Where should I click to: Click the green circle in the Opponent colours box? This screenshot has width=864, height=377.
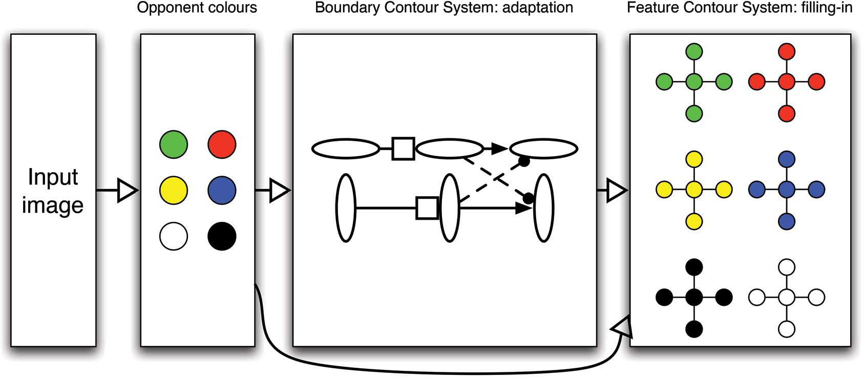174,144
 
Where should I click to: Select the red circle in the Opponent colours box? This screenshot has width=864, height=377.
222,144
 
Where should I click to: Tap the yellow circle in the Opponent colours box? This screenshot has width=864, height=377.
174,191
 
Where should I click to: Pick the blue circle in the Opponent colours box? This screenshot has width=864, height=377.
222,191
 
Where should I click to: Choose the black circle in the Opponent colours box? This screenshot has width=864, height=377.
222,236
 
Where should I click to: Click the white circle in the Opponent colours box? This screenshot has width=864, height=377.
174,236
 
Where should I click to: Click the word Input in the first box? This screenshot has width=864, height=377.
53,178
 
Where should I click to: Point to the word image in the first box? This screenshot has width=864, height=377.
53,205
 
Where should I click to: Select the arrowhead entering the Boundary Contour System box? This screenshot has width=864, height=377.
280,190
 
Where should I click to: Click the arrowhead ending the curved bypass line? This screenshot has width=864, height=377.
622,327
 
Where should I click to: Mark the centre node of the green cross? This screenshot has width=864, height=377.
694,82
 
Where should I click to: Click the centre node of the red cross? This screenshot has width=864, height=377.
787,82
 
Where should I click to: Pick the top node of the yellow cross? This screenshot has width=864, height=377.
694,159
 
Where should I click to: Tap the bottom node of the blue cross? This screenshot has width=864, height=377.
787,221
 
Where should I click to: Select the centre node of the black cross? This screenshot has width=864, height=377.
694,298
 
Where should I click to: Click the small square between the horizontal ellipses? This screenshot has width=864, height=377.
404,149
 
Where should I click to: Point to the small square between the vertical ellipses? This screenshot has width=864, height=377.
427,208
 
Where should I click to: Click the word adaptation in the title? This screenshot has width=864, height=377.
538,8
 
